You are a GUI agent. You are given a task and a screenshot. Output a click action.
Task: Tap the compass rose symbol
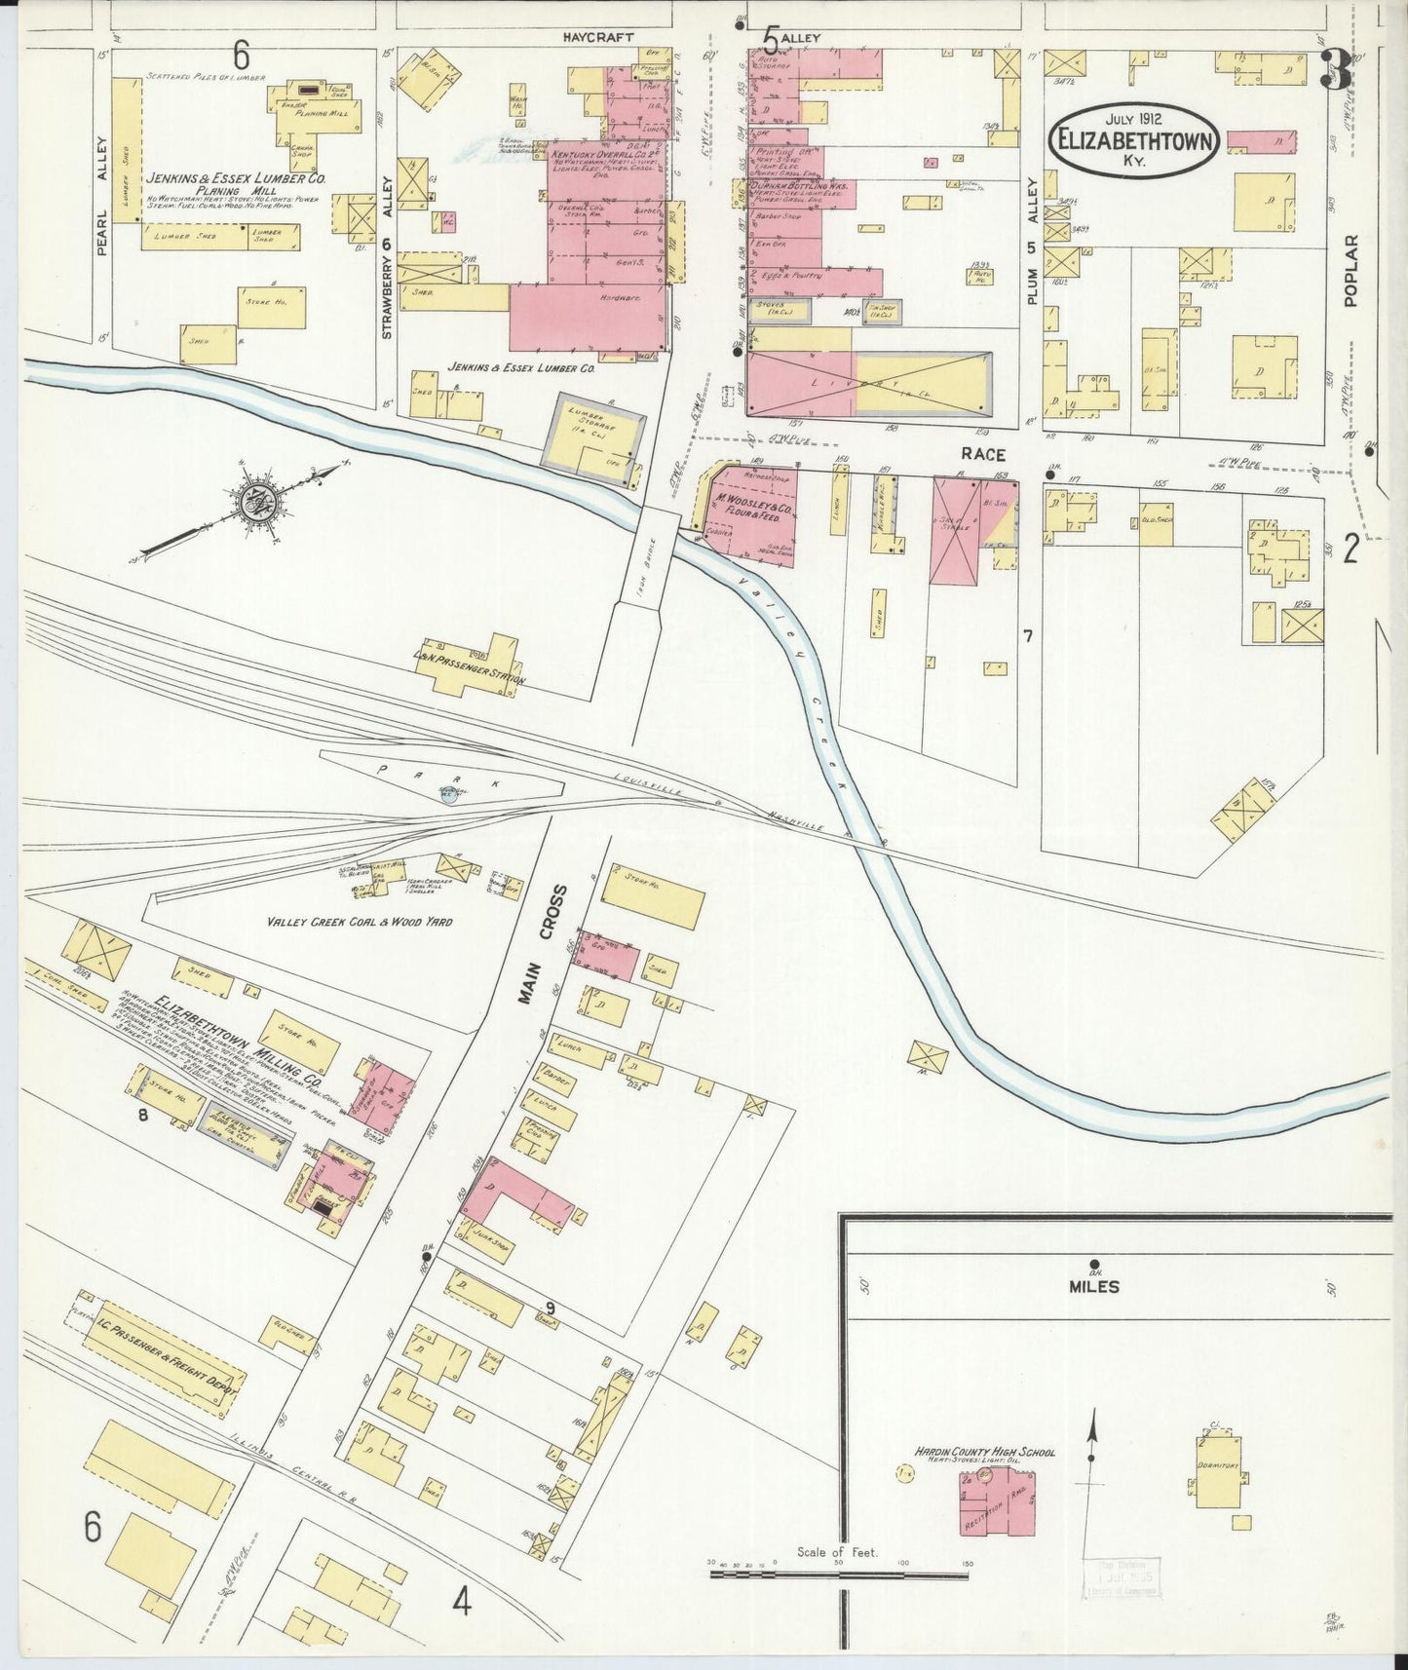[x=257, y=501]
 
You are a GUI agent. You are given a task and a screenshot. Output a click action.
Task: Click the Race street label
[x=982, y=454]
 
